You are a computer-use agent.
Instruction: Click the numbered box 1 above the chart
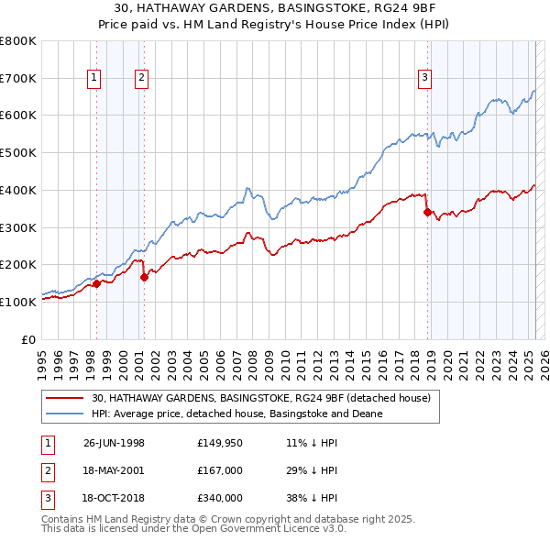pyautogui.click(x=95, y=79)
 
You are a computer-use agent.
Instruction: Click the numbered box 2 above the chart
pyautogui.click(x=142, y=79)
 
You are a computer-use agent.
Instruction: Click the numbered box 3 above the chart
pyautogui.click(x=425, y=79)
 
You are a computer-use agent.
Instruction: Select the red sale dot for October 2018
pyautogui.click(x=427, y=212)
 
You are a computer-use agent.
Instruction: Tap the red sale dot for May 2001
pyautogui.click(x=144, y=277)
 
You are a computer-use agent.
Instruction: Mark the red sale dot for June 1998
pyautogui.click(x=96, y=283)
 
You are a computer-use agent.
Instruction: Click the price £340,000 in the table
pyautogui.click(x=220, y=498)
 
